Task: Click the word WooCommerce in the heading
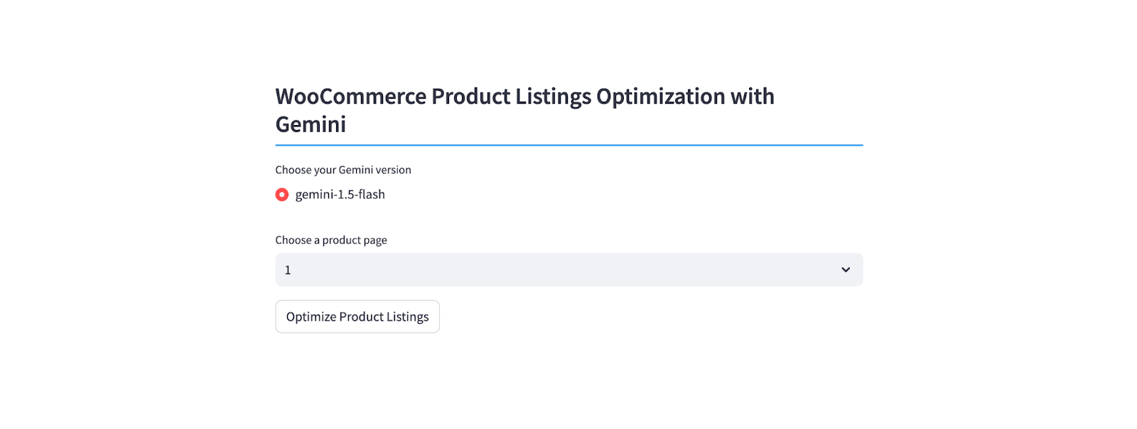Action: [x=351, y=97]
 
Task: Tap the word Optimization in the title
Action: [x=660, y=97]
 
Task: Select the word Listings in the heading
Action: [x=554, y=97]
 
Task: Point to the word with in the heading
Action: [x=753, y=97]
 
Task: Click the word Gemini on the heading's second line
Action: [x=311, y=124]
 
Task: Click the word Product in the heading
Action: [x=470, y=97]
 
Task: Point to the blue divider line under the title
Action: [x=569, y=145]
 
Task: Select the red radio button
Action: [x=281, y=195]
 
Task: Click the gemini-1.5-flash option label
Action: [x=340, y=194]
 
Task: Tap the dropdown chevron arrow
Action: [x=846, y=270]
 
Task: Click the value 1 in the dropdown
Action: [x=288, y=271]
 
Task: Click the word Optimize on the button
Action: [x=311, y=317]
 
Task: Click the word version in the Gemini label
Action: [x=391, y=170]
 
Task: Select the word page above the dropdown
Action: [x=376, y=240]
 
